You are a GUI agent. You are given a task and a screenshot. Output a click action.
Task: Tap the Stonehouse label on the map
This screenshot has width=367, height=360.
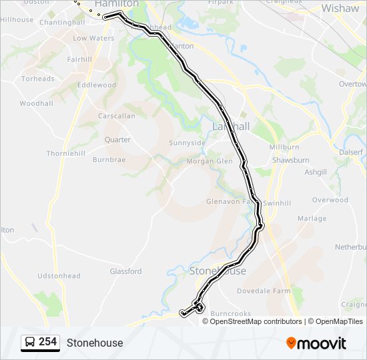218,271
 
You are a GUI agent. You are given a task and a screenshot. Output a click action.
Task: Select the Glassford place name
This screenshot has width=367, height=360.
125,271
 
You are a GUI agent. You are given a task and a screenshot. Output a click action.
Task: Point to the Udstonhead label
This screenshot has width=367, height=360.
59,276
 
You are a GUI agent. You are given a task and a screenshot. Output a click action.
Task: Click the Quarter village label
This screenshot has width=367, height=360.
117,140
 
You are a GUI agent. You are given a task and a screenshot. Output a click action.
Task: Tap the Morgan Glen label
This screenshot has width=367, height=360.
209,161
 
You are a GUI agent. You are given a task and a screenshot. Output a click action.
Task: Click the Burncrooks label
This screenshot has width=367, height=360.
230,313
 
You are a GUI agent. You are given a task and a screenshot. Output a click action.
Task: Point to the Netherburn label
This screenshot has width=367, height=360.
350,247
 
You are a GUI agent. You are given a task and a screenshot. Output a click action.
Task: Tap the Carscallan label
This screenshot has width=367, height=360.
116,116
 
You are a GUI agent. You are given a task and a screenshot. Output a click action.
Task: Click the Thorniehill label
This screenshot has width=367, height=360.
65,153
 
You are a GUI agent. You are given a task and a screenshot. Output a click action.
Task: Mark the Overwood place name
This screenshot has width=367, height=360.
330,199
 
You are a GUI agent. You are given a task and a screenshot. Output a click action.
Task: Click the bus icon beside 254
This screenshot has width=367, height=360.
30,343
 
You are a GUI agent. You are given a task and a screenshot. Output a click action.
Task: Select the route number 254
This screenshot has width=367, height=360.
47,342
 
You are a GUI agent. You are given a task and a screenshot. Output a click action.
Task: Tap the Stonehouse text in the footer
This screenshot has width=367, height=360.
95,343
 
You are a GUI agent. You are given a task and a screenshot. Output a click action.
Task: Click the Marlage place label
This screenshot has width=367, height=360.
312,219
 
